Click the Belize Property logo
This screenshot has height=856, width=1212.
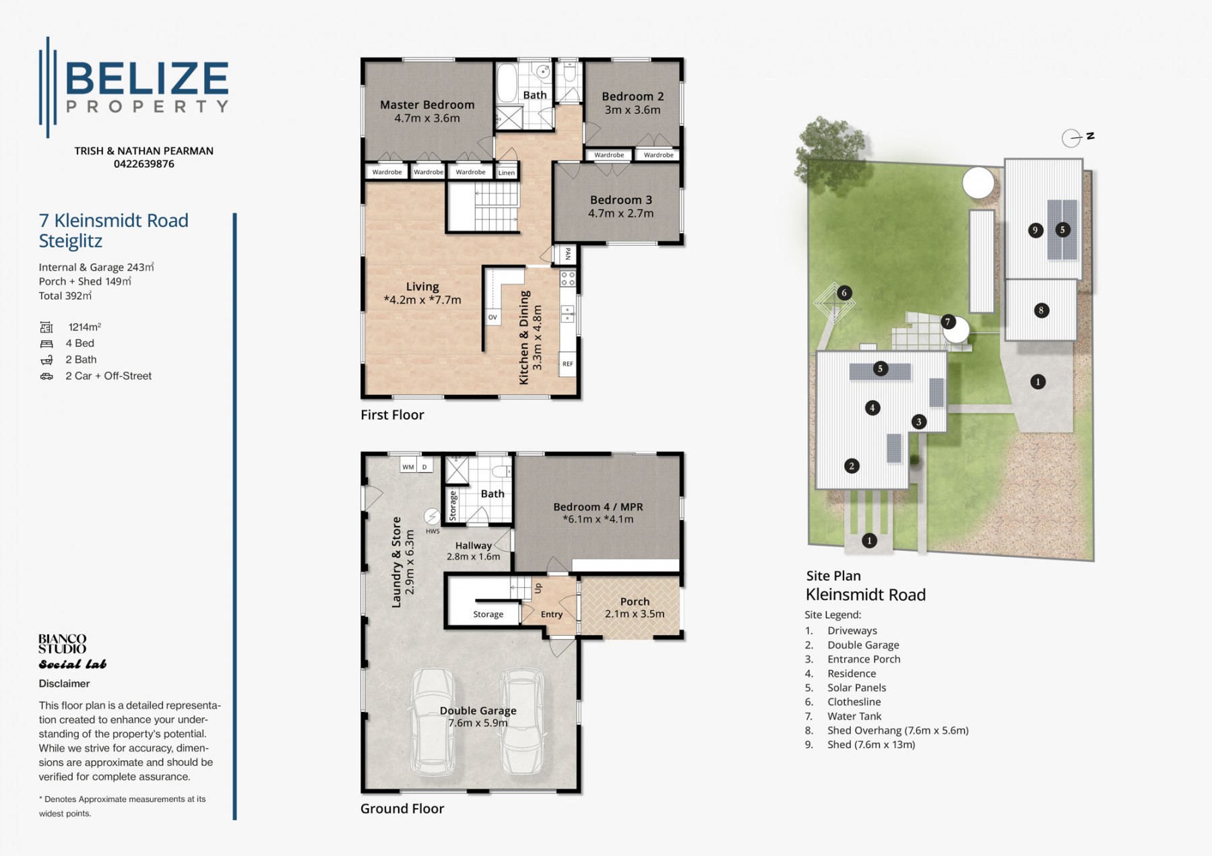pos(134,87)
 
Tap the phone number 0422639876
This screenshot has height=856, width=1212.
pos(143,164)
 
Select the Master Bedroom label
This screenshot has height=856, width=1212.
pos(427,104)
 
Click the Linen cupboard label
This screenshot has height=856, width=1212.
pos(507,173)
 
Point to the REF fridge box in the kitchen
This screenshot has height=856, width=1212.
pos(568,364)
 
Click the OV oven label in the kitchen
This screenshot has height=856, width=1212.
pos(492,317)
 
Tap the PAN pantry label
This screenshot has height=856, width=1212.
pos(568,254)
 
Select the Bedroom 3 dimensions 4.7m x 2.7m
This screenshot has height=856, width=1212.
pos(620,213)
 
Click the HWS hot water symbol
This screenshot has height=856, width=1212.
pos(432,517)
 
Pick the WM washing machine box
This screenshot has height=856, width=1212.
pos(408,467)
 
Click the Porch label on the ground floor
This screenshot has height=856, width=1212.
pos(635,601)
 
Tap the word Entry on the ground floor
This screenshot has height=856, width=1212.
pos(552,614)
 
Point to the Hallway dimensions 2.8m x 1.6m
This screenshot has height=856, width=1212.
pos(473,557)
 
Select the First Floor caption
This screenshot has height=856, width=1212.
pos(392,415)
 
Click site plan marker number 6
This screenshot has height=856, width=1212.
pos(844,293)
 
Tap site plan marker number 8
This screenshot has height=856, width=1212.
pos(1042,310)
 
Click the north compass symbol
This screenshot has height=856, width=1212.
pos(1077,137)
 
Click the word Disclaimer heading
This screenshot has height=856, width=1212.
pos(64,684)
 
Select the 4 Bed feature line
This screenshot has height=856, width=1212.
pos(67,343)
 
